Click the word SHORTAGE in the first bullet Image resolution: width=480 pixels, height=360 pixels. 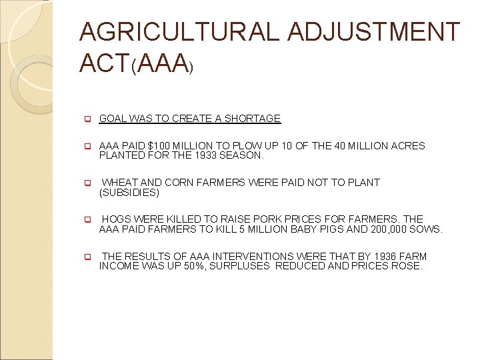click(253, 119)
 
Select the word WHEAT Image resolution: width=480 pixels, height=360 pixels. click(119, 182)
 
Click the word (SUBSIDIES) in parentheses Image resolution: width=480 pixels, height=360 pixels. click(129, 193)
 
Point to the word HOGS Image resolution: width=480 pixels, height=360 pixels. click(116, 219)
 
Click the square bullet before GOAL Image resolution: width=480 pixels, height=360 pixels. click(86, 119)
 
